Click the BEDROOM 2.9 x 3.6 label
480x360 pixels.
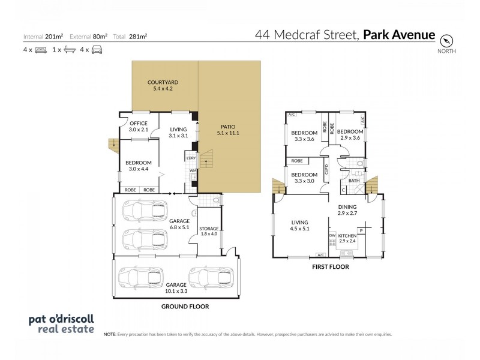(349, 135)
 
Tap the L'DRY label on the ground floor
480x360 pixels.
(191, 158)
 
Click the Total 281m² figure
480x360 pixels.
(134, 36)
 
